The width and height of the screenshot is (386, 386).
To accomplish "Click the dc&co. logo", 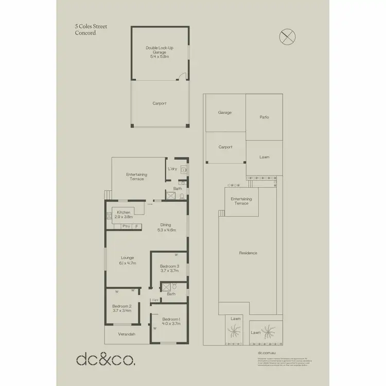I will pos(106,359).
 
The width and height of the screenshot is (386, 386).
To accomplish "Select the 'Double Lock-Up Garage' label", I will pos(160,50).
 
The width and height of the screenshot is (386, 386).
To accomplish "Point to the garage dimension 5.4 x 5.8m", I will pos(159,56).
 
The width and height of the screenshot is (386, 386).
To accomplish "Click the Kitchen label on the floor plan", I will pos(124,212).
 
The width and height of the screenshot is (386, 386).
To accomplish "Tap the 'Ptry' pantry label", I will pos(125,226).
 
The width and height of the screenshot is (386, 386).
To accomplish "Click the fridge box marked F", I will pos(137,226).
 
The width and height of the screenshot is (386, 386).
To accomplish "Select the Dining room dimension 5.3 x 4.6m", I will pos(166,230).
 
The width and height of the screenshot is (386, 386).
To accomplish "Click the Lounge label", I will pos(127,257).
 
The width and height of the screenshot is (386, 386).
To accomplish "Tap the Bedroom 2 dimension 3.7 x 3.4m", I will pos(121,310).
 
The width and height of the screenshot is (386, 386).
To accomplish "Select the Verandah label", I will pos(127,335).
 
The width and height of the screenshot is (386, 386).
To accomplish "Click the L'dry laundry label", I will pos(172,169).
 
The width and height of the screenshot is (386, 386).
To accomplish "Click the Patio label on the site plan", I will pos(264,117).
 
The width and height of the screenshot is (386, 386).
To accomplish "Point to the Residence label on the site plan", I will pos(248,253).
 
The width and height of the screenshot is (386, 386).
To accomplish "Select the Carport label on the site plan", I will pos(225,147).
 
